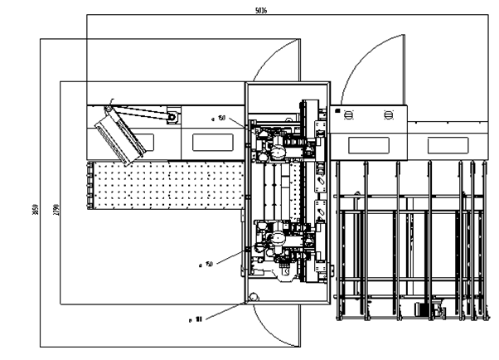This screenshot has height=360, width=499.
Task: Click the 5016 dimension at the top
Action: coord(260,9)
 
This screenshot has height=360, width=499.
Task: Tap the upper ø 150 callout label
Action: coord(219,119)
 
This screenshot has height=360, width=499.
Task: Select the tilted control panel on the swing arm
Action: coord(122,134)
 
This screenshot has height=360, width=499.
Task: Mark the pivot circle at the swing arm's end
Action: coord(172,118)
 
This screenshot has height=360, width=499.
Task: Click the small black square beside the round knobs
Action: coord(337,109)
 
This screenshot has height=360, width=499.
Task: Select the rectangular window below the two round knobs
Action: coord(371,144)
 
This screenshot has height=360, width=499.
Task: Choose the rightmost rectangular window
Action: coord(448,144)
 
